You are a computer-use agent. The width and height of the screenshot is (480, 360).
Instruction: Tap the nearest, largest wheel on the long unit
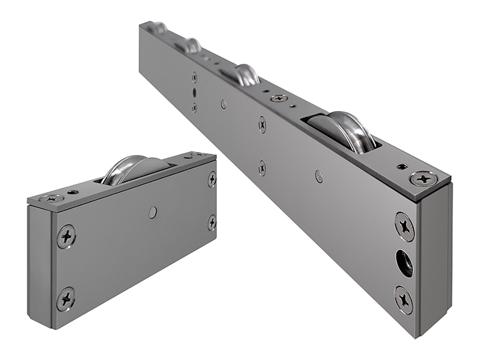[343, 131]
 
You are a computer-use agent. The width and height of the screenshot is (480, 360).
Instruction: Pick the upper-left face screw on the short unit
[66, 235]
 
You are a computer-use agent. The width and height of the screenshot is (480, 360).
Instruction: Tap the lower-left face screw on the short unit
[66, 298]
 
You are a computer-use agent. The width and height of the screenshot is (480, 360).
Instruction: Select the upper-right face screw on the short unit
[212, 179]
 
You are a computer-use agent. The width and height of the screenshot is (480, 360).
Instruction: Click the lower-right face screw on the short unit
[212, 222]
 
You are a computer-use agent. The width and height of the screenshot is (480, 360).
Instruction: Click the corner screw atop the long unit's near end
[422, 178]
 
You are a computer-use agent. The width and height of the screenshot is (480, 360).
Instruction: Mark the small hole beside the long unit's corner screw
[401, 166]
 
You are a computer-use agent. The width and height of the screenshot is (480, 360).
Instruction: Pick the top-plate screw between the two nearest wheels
[279, 98]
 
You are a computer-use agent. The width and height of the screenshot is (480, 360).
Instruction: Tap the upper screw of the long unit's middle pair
[262, 125]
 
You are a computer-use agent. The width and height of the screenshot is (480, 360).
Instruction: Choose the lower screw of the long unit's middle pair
[262, 168]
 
